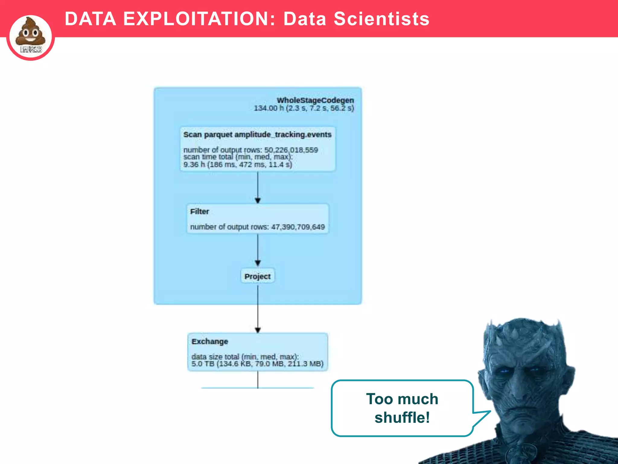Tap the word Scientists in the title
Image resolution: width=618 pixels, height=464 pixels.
coord(381,19)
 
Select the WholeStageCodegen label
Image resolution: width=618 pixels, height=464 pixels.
coord(315,100)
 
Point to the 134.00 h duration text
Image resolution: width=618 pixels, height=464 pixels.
coord(269,108)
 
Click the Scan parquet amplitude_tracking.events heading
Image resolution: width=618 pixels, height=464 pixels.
coord(257,135)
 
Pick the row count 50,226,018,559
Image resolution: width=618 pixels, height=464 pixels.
coord(291,150)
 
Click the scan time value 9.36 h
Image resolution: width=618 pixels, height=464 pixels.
coord(194,165)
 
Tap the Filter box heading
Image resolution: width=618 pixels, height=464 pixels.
coord(199,211)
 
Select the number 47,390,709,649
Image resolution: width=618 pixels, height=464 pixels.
coord(298,227)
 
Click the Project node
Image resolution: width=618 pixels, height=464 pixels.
coord(257,276)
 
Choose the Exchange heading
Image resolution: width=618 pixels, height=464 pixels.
coord(210,342)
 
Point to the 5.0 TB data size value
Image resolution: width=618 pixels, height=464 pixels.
coord(203,364)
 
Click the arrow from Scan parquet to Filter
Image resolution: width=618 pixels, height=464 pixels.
coord(258,187)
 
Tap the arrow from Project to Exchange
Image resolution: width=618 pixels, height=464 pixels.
coord(258,308)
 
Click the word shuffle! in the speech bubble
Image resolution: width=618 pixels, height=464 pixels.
coord(402,418)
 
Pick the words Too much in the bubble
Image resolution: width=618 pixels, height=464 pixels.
coord(402,399)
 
